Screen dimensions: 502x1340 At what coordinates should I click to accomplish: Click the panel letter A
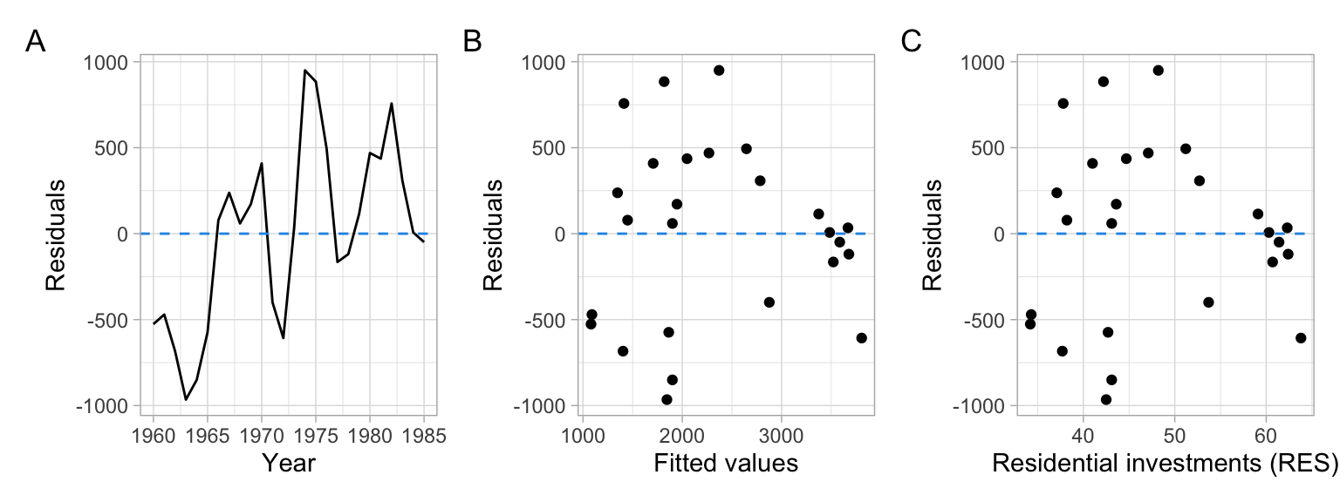pyautogui.click(x=35, y=41)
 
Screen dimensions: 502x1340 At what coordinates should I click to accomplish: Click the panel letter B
pyautogui.click(x=472, y=41)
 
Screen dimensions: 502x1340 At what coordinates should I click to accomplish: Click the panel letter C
pyautogui.click(x=911, y=41)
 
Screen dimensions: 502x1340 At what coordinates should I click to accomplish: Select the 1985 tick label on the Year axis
pyautogui.click(x=424, y=435)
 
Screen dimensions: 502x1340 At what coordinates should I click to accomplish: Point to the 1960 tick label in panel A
pyautogui.click(x=154, y=435)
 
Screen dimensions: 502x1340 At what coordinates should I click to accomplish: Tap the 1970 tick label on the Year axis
pyautogui.click(x=262, y=435)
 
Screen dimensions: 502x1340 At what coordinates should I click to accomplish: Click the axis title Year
pyautogui.click(x=289, y=464)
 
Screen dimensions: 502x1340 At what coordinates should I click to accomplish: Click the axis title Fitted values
pyautogui.click(x=726, y=464)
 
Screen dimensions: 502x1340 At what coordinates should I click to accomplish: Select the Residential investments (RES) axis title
pyautogui.click(x=1165, y=464)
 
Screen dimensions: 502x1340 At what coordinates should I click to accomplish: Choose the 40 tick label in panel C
pyautogui.click(x=1083, y=435)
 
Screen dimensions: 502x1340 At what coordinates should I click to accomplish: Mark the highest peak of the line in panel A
pyautogui.click(x=304, y=71)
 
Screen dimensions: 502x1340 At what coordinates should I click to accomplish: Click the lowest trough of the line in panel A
pyautogui.click(x=186, y=399)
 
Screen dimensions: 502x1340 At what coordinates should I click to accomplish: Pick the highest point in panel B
pyautogui.click(x=719, y=71)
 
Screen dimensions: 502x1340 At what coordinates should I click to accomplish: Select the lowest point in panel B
pyautogui.click(x=667, y=399)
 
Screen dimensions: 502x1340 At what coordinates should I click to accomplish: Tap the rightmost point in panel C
pyautogui.click(x=1301, y=338)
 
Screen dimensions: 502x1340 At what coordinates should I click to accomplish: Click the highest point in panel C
pyautogui.click(x=1159, y=71)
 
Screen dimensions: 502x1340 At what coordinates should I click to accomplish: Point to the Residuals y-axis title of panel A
pyautogui.click(x=55, y=234)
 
